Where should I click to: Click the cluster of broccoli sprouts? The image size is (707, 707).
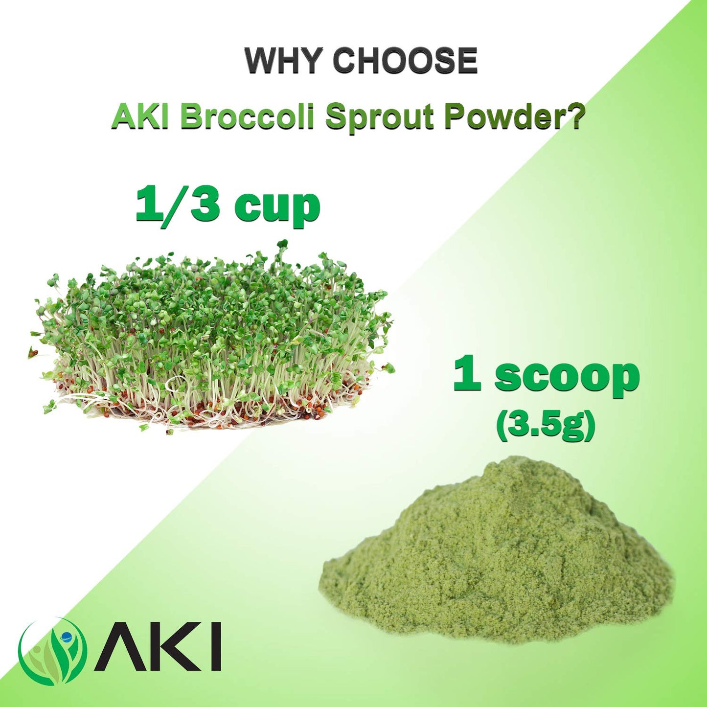pyautogui.click(x=210, y=338)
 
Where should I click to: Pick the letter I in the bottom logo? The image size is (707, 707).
pyautogui.click(x=216, y=646)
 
